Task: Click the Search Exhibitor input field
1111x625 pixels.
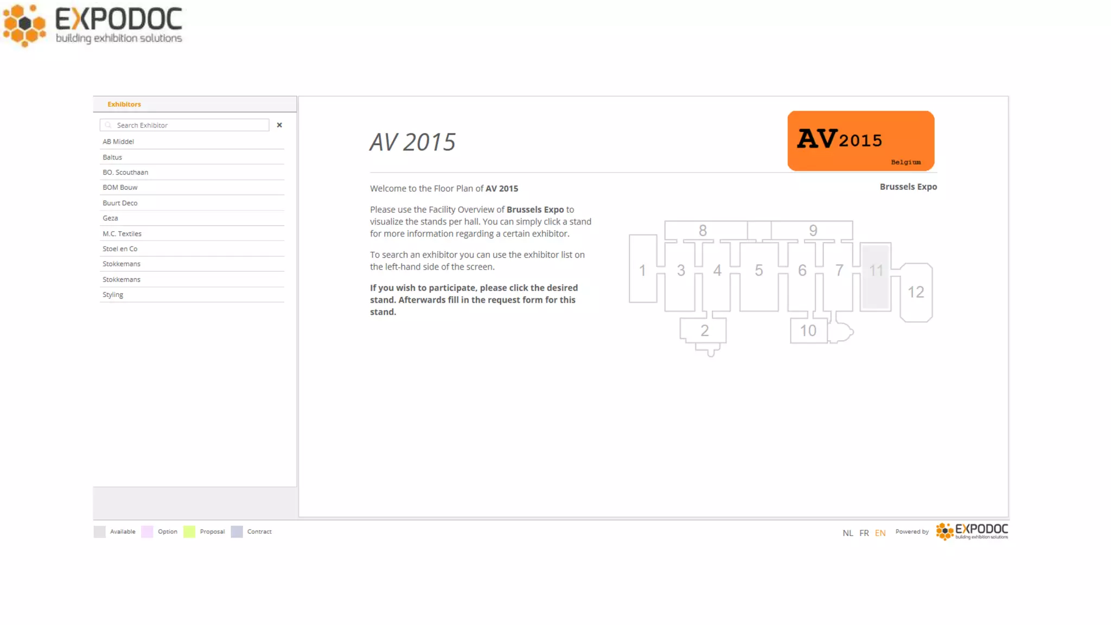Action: (x=184, y=125)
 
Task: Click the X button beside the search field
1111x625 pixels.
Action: (x=279, y=125)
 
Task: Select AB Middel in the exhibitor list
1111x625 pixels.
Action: (x=118, y=142)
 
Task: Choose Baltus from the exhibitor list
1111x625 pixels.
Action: (x=112, y=157)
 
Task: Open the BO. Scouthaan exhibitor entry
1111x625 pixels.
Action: (x=125, y=173)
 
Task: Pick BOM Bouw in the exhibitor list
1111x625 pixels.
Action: (x=120, y=188)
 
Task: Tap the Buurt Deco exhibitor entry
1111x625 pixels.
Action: (x=120, y=203)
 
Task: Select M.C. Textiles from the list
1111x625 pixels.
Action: (x=122, y=234)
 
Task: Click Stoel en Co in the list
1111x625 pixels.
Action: (x=120, y=249)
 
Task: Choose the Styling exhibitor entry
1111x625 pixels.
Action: (x=113, y=295)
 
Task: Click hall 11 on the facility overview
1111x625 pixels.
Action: (x=876, y=277)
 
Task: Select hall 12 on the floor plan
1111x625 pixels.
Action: (x=916, y=292)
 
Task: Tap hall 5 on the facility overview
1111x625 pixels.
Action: (x=759, y=277)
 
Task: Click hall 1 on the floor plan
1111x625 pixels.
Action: (x=643, y=269)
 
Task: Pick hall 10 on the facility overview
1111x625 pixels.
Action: (x=808, y=331)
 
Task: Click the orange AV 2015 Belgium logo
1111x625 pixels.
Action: (x=861, y=141)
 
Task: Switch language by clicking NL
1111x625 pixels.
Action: (x=848, y=533)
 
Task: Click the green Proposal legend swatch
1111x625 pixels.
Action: (x=189, y=532)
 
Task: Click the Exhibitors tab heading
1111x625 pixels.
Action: (x=124, y=104)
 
